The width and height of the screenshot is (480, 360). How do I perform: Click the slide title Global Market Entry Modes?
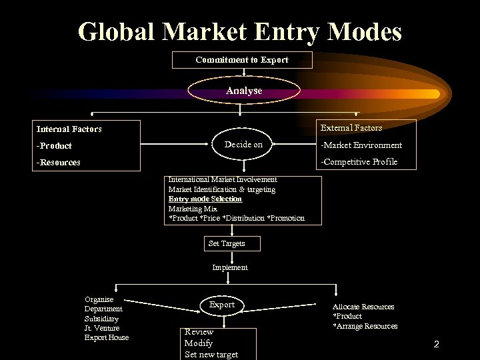pos(240,31)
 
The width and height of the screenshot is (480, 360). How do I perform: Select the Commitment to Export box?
pos(242,60)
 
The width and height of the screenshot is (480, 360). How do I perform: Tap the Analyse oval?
pos(244,90)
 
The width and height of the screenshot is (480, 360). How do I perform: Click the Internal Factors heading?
pos(69,129)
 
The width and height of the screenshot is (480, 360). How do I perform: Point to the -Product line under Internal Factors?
pos(55,145)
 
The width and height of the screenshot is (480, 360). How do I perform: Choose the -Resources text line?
pos(59,162)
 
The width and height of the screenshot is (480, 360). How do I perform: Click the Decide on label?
pos(243,145)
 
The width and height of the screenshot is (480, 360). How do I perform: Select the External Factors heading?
pos(351,127)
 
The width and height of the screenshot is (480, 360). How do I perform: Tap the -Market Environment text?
pos(361,145)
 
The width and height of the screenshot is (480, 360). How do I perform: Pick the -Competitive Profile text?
pos(359,162)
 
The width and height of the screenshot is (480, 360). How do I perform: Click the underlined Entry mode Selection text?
pos(205,199)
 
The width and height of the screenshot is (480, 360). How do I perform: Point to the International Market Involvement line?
pos(223,179)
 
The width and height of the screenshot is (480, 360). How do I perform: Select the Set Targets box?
pos(227,243)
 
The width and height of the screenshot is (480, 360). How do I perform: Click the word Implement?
pos(229,267)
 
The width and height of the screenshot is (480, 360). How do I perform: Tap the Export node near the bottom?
pos(222,305)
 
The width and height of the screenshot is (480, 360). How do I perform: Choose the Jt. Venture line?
pos(101,328)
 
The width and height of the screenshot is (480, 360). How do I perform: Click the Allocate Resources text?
pos(363,307)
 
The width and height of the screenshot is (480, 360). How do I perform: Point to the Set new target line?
pos(211,354)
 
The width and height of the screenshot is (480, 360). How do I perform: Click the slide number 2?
pos(436,345)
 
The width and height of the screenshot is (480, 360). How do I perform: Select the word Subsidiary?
pos(101,319)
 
